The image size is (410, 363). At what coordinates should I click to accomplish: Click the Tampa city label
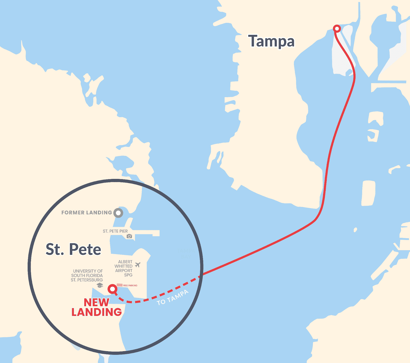click(271, 41)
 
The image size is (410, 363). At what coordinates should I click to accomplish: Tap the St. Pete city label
click(73, 249)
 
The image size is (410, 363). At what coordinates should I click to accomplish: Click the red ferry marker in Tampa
click(337, 28)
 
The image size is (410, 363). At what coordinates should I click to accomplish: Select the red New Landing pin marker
click(112, 289)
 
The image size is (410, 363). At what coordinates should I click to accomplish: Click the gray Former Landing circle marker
click(118, 213)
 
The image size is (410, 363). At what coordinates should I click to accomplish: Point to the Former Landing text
click(87, 213)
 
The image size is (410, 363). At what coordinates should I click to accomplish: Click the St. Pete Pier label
click(115, 231)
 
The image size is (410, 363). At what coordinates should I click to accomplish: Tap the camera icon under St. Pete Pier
click(129, 236)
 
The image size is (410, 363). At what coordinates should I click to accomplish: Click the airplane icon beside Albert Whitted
click(138, 265)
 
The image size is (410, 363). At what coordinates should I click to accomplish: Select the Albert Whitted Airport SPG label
click(124, 268)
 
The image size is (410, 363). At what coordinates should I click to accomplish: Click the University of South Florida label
click(87, 276)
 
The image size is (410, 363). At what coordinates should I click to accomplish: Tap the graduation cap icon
click(100, 285)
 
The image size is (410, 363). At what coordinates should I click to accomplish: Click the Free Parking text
click(130, 285)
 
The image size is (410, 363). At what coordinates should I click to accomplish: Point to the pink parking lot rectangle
click(119, 285)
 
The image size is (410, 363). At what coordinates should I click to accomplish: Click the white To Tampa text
click(173, 298)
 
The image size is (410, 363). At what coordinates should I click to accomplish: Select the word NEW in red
click(97, 302)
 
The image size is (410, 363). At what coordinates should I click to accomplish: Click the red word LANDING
click(97, 312)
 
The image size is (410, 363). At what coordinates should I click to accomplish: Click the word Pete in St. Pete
click(85, 249)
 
